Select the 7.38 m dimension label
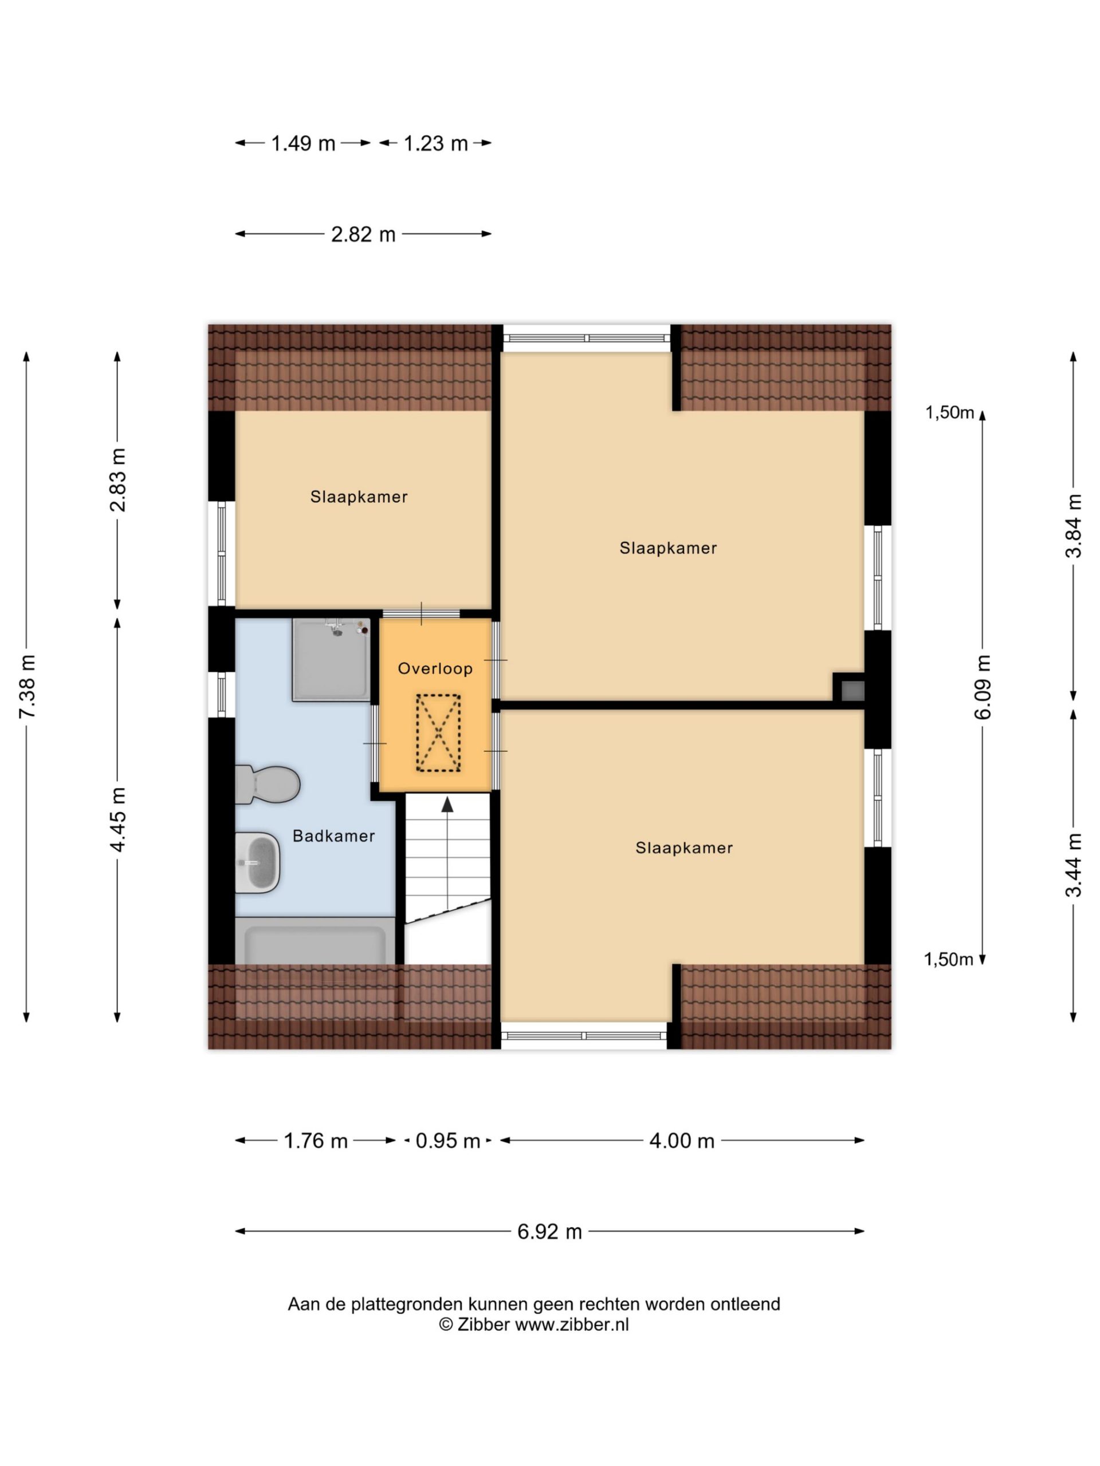26,686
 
